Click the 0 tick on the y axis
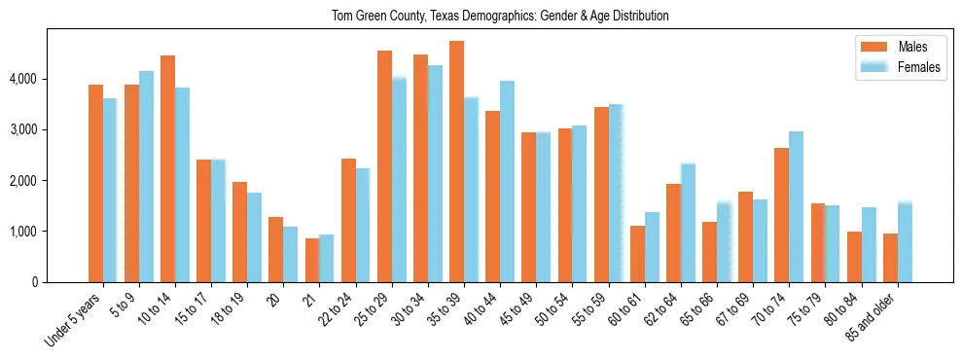[36, 282]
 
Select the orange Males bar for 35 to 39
[456, 162]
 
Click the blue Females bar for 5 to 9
[146, 176]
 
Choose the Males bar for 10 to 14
[167, 168]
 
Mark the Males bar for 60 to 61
[637, 254]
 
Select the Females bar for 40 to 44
[507, 181]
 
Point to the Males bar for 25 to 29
[384, 166]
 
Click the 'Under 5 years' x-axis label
[75, 322]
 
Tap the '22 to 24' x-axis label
[339, 313]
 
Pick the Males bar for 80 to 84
[854, 257]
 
